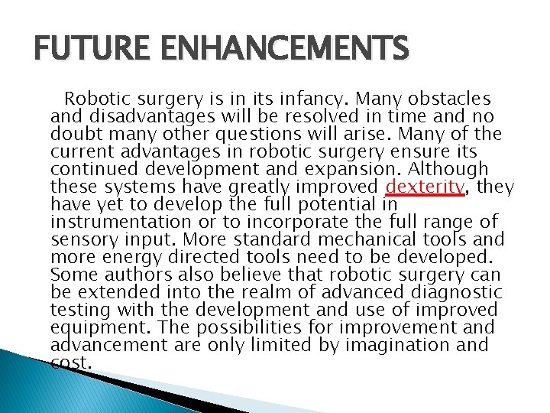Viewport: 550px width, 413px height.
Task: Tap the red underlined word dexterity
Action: pos(425,187)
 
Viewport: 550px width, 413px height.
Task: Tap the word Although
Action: pos(451,170)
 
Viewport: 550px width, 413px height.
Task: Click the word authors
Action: pos(135,275)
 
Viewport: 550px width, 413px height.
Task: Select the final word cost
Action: pos(71,363)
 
